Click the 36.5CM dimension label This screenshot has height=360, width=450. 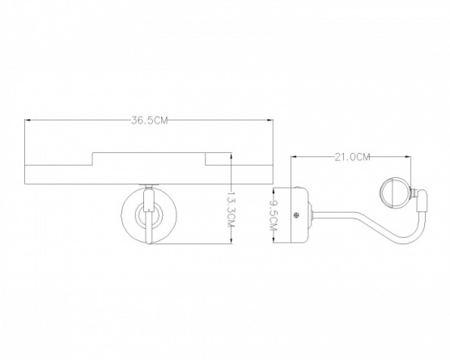click(149, 121)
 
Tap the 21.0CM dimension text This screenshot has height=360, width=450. click(352, 157)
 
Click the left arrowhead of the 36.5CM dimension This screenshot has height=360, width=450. click(28, 121)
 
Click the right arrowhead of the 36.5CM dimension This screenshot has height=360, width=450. click(270, 121)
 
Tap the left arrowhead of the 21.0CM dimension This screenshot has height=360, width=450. click(294, 157)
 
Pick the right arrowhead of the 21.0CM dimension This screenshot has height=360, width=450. click(408, 157)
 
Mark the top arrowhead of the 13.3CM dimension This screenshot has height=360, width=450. click(231, 156)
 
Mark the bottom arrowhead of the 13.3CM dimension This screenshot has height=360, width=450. click(231, 240)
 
